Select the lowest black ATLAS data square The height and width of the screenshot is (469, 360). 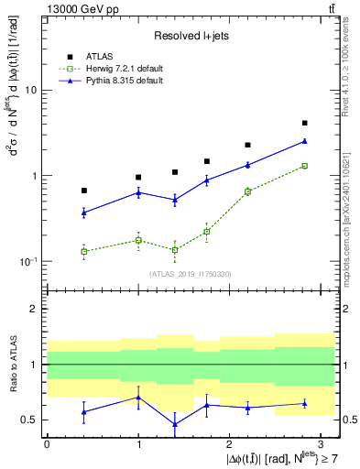point(84,191)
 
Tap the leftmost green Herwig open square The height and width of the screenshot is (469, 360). point(84,251)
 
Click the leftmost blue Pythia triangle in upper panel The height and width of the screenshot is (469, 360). point(84,213)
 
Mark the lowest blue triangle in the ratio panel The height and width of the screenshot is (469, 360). point(174,424)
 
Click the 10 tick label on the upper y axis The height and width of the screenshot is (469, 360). point(29,91)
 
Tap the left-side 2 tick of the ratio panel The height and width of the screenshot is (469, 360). point(34,309)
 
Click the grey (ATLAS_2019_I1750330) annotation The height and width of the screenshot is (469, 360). point(191,274)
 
